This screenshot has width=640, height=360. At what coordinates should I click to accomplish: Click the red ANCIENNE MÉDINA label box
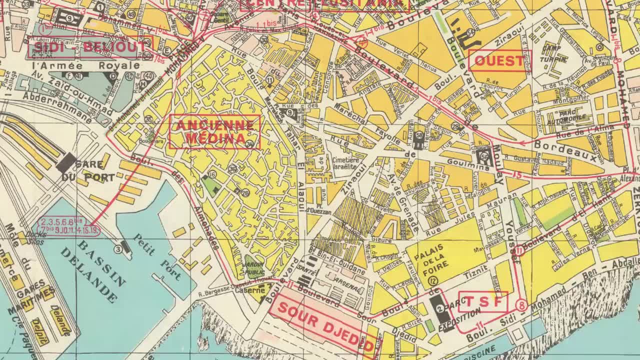[x=215, y=132]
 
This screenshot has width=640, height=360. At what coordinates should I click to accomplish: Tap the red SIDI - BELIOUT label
[x=90, y=48]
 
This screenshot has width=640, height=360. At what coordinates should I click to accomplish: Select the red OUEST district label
[x=499, y=61]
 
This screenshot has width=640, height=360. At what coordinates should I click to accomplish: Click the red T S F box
[x=483, y=302]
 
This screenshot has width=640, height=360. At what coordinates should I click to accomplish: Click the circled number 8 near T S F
[x=522, y=304]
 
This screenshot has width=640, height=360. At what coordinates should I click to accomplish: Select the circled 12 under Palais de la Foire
[x=433, y=281]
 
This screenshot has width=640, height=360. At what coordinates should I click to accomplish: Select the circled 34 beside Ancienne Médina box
[x=250, y=144]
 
